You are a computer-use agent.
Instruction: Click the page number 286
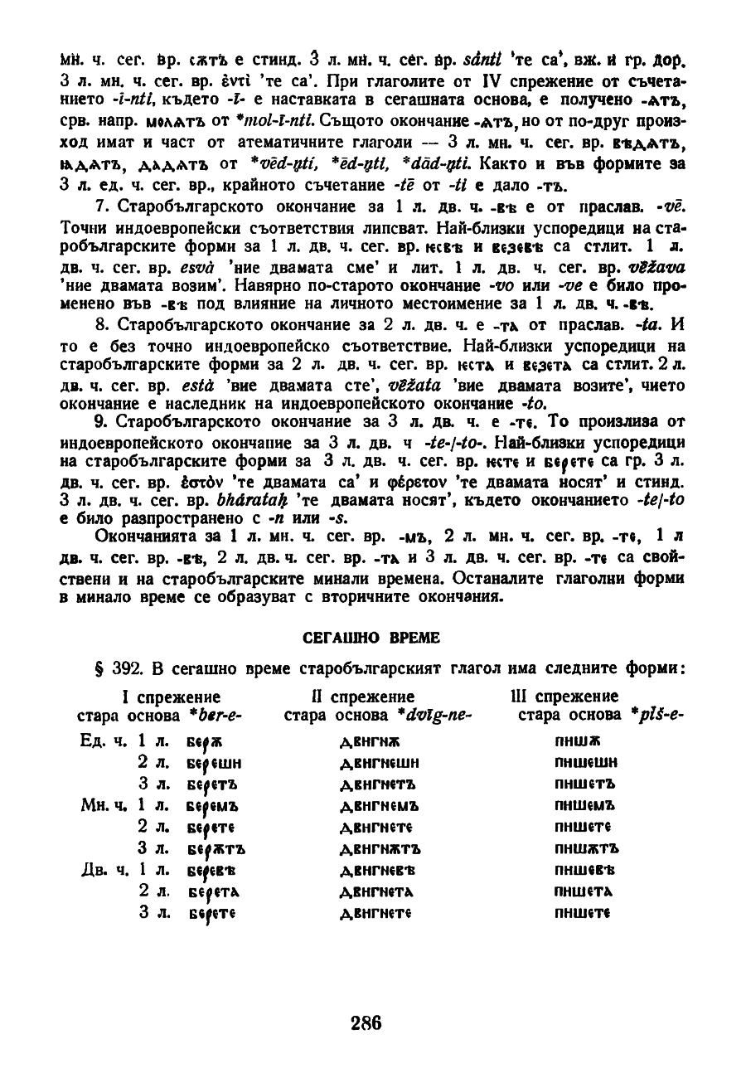pyautogui.click(x=366, y=1022)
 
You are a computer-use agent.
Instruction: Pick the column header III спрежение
pyautogui.click(x=564, y=696)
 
